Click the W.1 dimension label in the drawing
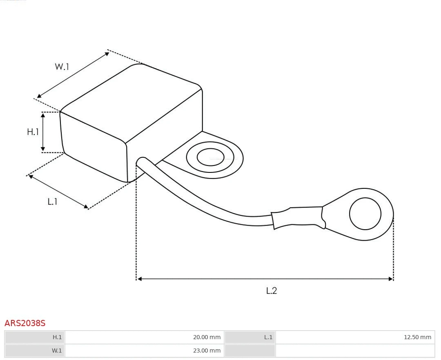[x=62, y=67]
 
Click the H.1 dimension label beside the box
[x=33, y=132]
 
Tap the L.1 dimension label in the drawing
[x=52, y=201]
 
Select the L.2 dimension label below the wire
[x=272, y=291]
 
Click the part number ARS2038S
[x=25, y=323]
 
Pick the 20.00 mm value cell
[x=207, y=337]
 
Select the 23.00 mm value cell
[x=207, y=350]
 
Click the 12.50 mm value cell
[x=417, y=337]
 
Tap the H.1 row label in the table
[x=57, y=337]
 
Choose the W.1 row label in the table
[x=57, y=350]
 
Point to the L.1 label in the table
[x=268, y=337]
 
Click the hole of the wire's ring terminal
[x=365, y=214]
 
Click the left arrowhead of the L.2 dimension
[x=139, y=279]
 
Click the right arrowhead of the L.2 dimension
[x=390, y=279]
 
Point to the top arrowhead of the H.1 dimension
[x=43, y=115]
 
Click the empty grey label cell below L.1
[x=249, y=350]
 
